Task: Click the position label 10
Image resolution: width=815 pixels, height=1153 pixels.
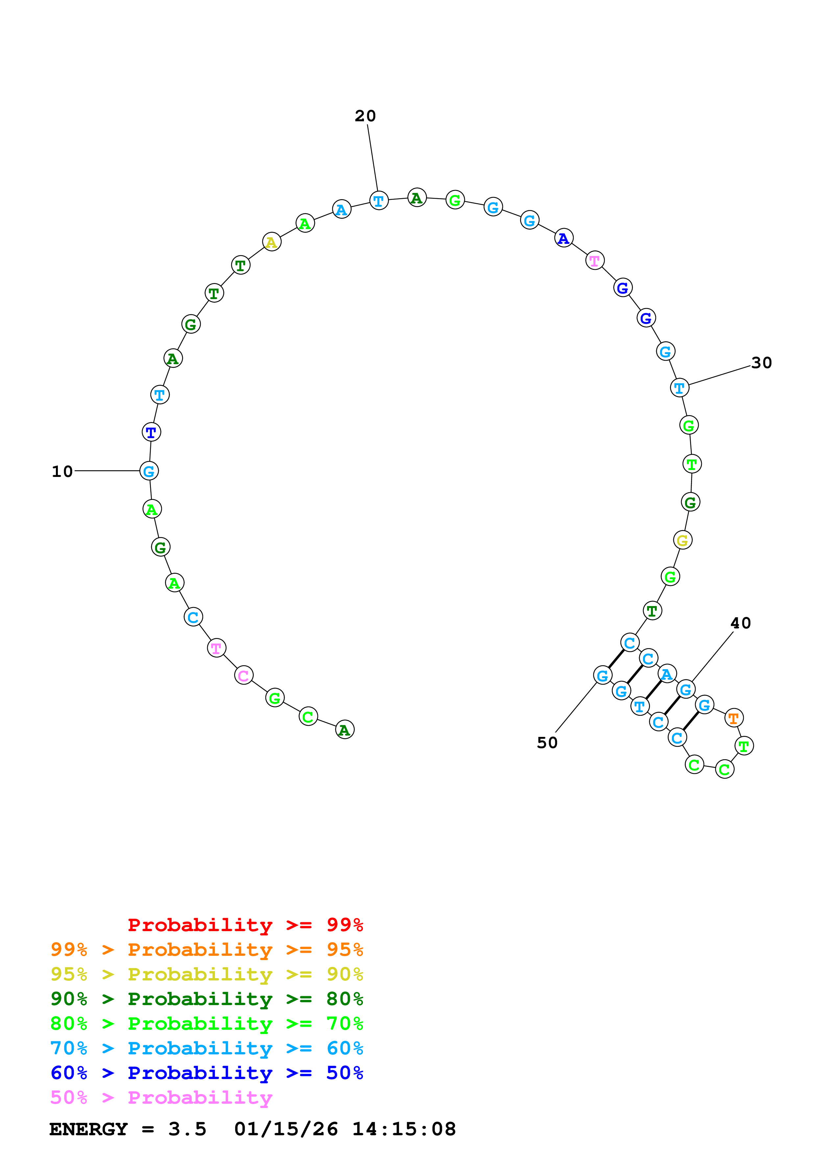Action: click(x=62, y=472)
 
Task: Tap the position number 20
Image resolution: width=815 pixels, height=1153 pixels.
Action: click(x=365, y=116)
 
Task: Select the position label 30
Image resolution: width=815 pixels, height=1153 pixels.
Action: click(x=761, y=363)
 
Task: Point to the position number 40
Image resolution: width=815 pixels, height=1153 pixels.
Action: click(x=740, y=623)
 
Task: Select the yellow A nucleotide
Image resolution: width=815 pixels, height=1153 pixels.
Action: click(x=272, y=242)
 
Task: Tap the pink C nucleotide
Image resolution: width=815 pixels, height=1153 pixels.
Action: click(x=244, y=675)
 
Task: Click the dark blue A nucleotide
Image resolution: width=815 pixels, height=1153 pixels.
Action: click(x=564, y=239)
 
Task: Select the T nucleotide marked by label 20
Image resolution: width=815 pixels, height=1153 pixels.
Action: click(x=379, y=201)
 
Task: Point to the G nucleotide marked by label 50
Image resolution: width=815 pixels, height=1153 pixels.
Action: click(x=602, y=675)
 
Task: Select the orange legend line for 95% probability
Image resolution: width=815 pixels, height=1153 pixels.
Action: click(x=206, y=949)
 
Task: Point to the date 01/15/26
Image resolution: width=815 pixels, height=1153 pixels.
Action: click(x=286, y=1129)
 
